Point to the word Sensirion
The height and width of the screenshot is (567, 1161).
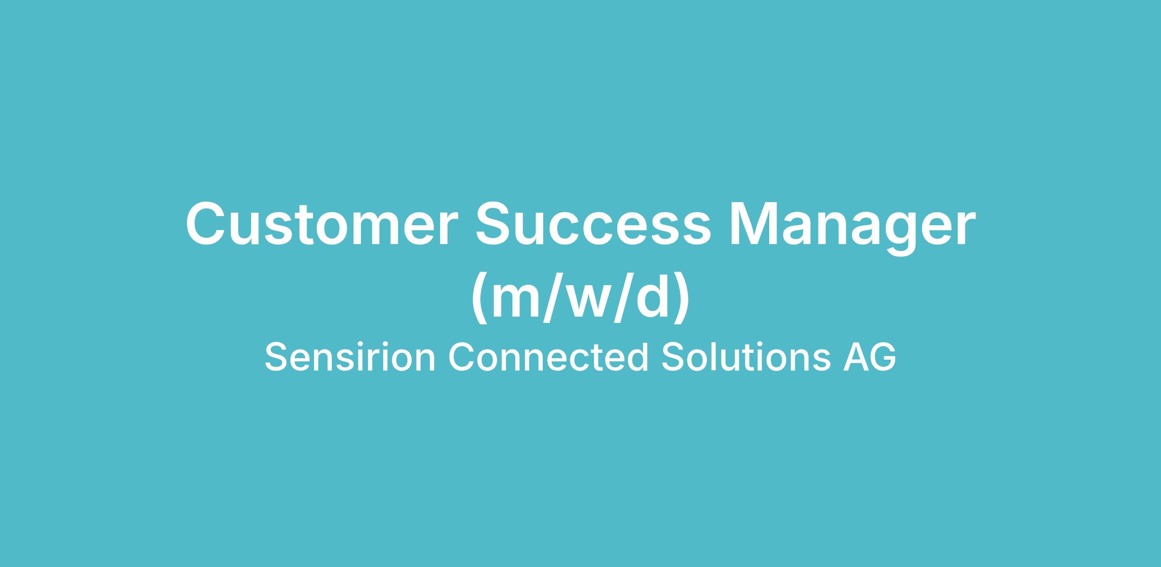click(x=350, y=357)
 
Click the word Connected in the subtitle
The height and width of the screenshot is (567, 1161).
click(x=548, y=357)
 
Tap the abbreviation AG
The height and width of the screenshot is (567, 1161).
click(x=869, y=357)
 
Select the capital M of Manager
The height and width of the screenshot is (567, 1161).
click(x=756, y=224)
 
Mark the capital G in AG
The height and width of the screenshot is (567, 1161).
click(x=882, y=357)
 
